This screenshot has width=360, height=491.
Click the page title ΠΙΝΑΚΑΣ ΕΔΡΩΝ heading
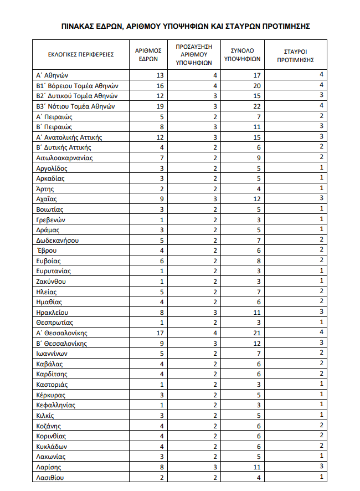[x=186, y=25]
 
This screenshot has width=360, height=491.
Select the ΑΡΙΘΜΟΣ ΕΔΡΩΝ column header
[x=148, y=54]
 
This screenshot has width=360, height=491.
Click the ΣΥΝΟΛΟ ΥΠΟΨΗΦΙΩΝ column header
[x=242, y=54]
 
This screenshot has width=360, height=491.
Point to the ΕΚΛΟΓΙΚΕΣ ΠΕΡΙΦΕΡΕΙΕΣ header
[x=81, y=54]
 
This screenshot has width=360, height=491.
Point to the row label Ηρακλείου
[x=53, y=313]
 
